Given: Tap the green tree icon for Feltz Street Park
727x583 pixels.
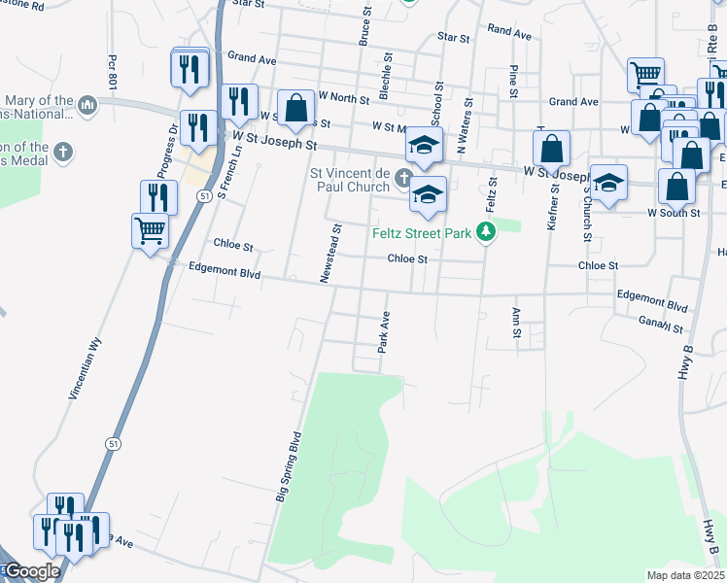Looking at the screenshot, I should click(484, 232).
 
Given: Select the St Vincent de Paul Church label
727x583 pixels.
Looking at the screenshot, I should click(349, 180).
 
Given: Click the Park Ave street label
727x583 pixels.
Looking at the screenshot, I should click(385, 332).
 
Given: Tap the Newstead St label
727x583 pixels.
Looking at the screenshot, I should click(330, 255).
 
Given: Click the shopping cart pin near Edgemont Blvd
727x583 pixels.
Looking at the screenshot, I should click(150, 232).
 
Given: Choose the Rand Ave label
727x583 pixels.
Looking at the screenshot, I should click(509, 33).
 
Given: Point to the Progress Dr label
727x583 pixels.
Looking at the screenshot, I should click(172, 142).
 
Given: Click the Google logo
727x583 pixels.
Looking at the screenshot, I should click(32, 571).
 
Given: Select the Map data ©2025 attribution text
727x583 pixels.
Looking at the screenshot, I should click(684, 575).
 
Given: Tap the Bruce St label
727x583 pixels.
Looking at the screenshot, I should click(365, 29).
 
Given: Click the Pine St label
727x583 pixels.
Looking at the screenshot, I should click(512, 84).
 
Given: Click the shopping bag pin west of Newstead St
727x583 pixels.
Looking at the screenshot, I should click(295, 110).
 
